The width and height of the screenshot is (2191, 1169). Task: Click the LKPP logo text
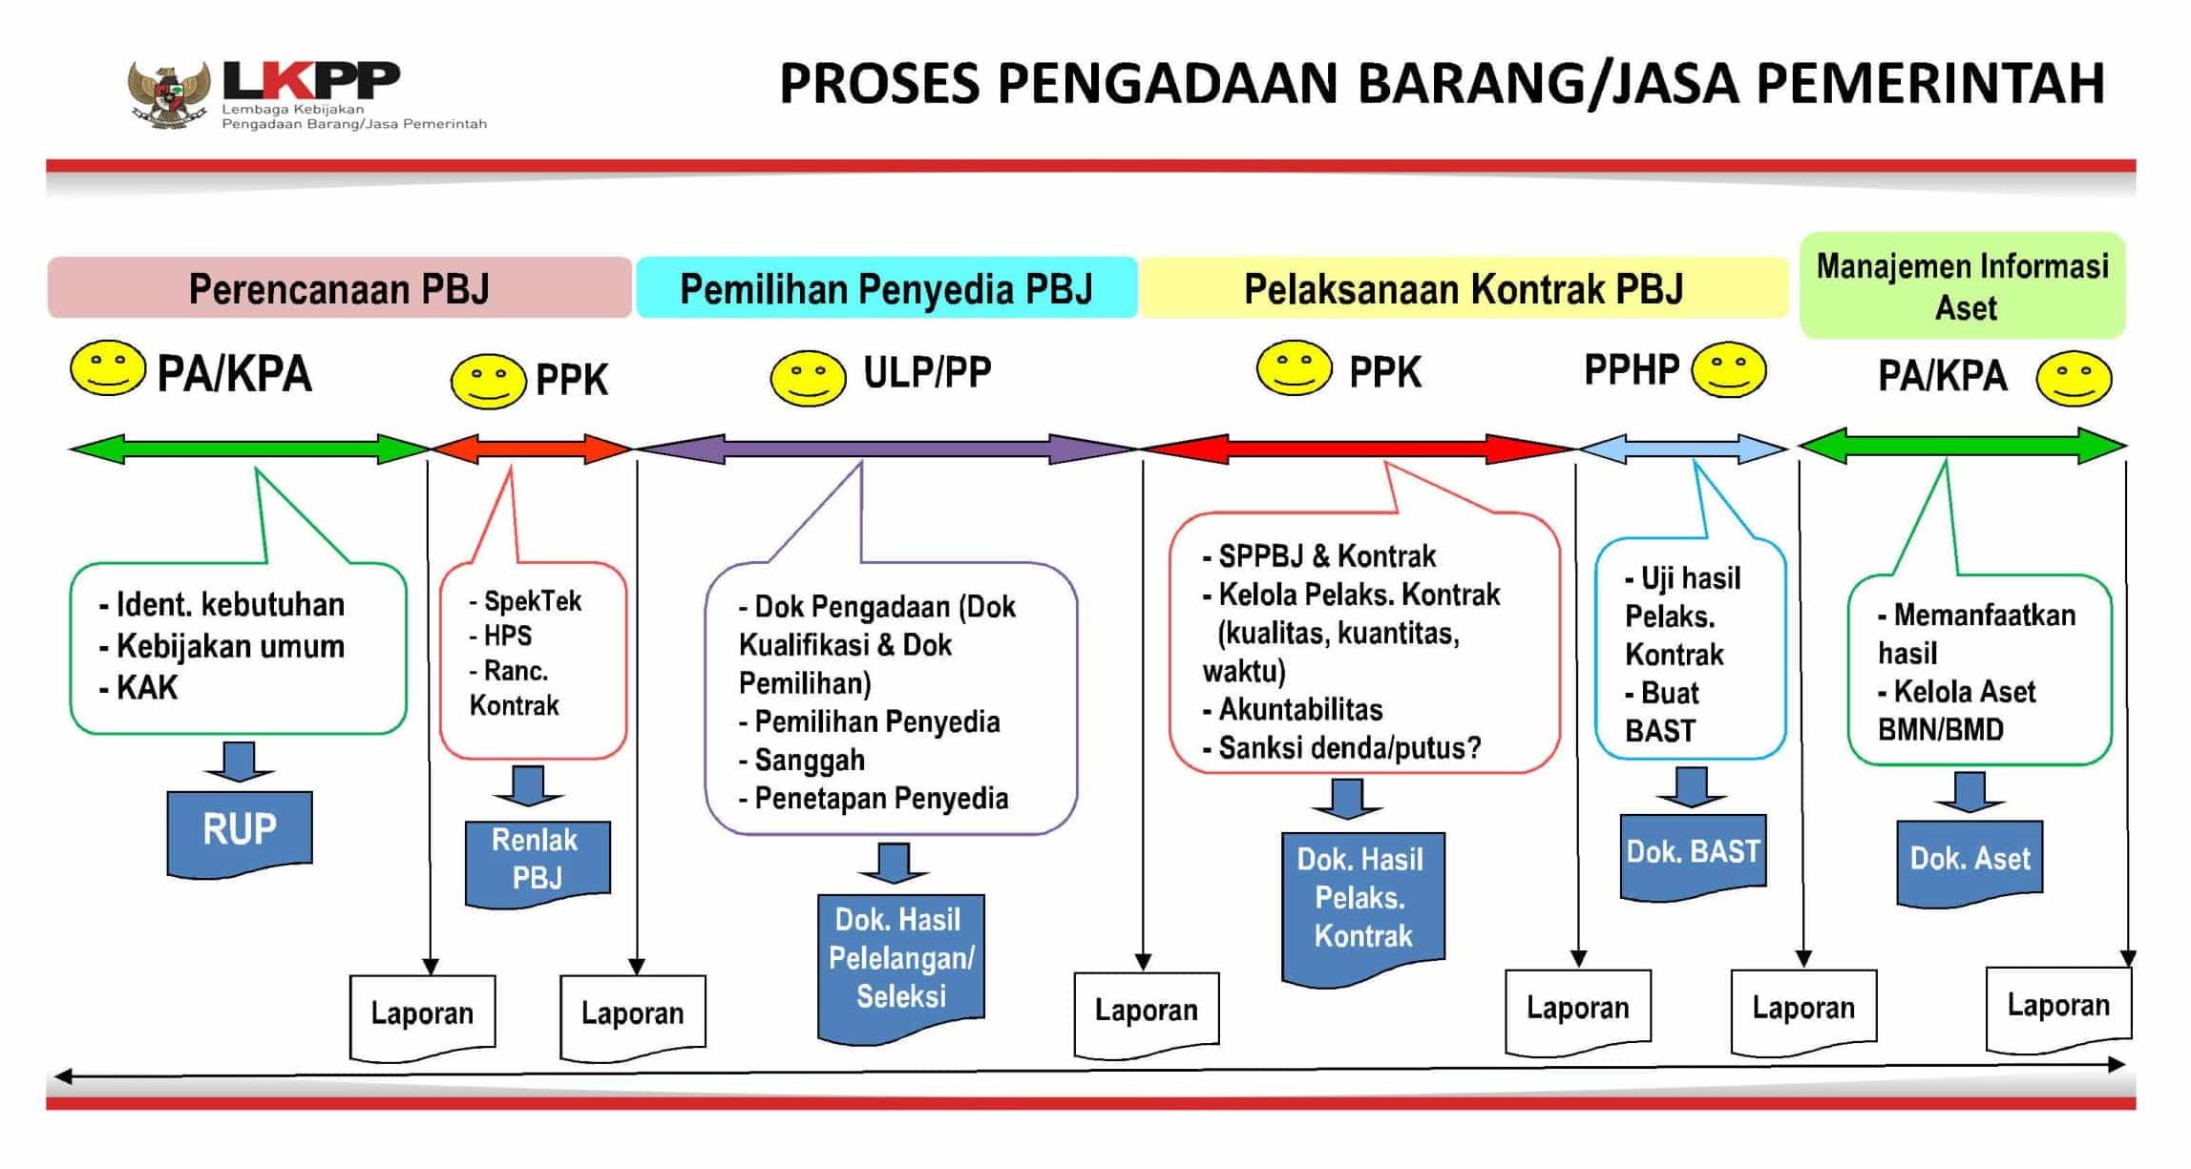(x=310, y=80)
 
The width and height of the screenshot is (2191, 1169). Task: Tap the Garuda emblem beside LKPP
(x=169, y=94)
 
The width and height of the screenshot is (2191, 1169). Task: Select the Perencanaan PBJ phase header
(x=339, y=288)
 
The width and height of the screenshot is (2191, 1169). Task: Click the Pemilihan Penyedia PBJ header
(x=886, y=288)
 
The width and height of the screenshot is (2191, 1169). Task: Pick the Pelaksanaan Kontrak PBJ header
(x=1463, y=288)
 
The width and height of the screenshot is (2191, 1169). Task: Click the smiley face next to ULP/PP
(x=808, y=379)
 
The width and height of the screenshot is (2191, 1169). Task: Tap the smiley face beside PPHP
(x=1728, y=370)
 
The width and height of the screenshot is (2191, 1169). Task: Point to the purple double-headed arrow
(x=886, y=449)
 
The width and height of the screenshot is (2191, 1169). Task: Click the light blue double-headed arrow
(x=1682, y=449)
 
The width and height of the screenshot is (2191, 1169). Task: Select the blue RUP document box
(x=240, y=830)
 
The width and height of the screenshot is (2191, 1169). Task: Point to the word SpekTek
(x=532, y=601)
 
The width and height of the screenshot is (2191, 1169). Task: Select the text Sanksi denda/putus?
(x=1349, y=748)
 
